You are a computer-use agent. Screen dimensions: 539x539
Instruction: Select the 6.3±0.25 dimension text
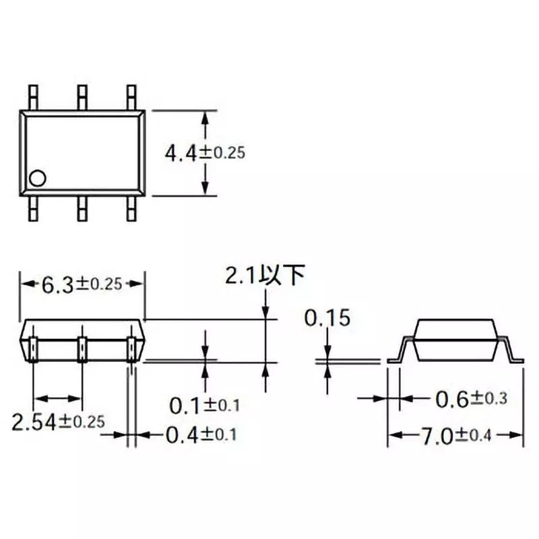tap(82, 284)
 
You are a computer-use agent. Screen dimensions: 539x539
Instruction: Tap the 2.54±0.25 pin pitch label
tap(58, 422)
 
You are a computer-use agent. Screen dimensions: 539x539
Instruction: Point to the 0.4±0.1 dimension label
tap(201, 435)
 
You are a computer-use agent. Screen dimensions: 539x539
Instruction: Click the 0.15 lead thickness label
tap(327, 318)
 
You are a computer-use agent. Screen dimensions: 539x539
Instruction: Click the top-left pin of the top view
tap(33, 96)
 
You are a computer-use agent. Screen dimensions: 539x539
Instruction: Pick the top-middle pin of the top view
tap(82, 96)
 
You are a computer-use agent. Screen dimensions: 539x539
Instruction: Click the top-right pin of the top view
tap(131, 96)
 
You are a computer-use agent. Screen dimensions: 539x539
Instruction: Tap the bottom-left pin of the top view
tap(33, 209)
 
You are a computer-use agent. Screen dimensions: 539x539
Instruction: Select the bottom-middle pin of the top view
tap(82, 209)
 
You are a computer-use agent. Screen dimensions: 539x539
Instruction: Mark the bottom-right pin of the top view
tap(131, 209)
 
